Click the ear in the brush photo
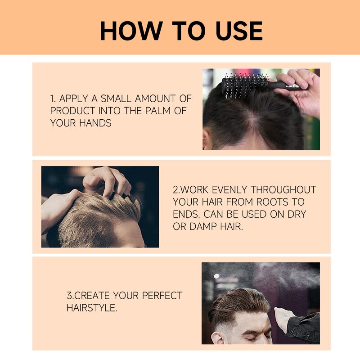point(207,138)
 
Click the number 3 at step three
point(69,296)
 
